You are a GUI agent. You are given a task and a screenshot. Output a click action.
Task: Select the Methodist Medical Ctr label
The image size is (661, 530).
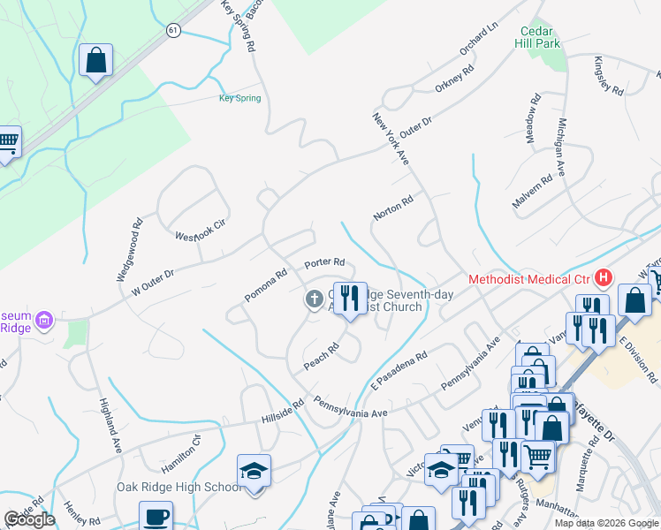pos(528,279)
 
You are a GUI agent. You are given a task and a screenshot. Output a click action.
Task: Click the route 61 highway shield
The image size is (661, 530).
pos(174,30)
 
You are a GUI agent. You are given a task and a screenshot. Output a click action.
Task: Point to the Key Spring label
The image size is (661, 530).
pos(239,98)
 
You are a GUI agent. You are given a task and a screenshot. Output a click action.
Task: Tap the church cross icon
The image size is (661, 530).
pos(313,300)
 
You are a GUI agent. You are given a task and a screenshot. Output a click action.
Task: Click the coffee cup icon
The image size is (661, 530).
pos(156,517)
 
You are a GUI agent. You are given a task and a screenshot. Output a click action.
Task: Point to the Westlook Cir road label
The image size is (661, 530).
pos(201,230)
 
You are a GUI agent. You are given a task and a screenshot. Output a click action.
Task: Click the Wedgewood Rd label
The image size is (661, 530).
pos(129,251)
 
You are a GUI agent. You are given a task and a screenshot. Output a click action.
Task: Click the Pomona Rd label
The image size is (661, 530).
pos(266,285)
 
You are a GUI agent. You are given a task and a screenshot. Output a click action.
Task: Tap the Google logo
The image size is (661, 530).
pos(29,519)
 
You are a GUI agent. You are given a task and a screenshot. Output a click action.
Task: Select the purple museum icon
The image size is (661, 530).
pos(46,319)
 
